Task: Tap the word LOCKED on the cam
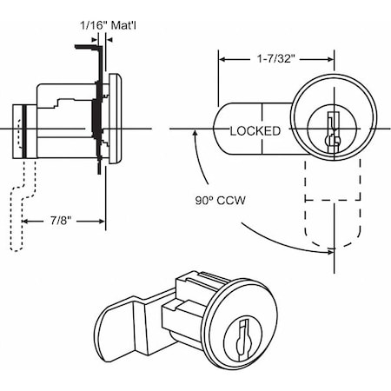pyautogui.click(x=255, y=132)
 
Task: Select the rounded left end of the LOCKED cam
pyautogui.click(x=219, y=129)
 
